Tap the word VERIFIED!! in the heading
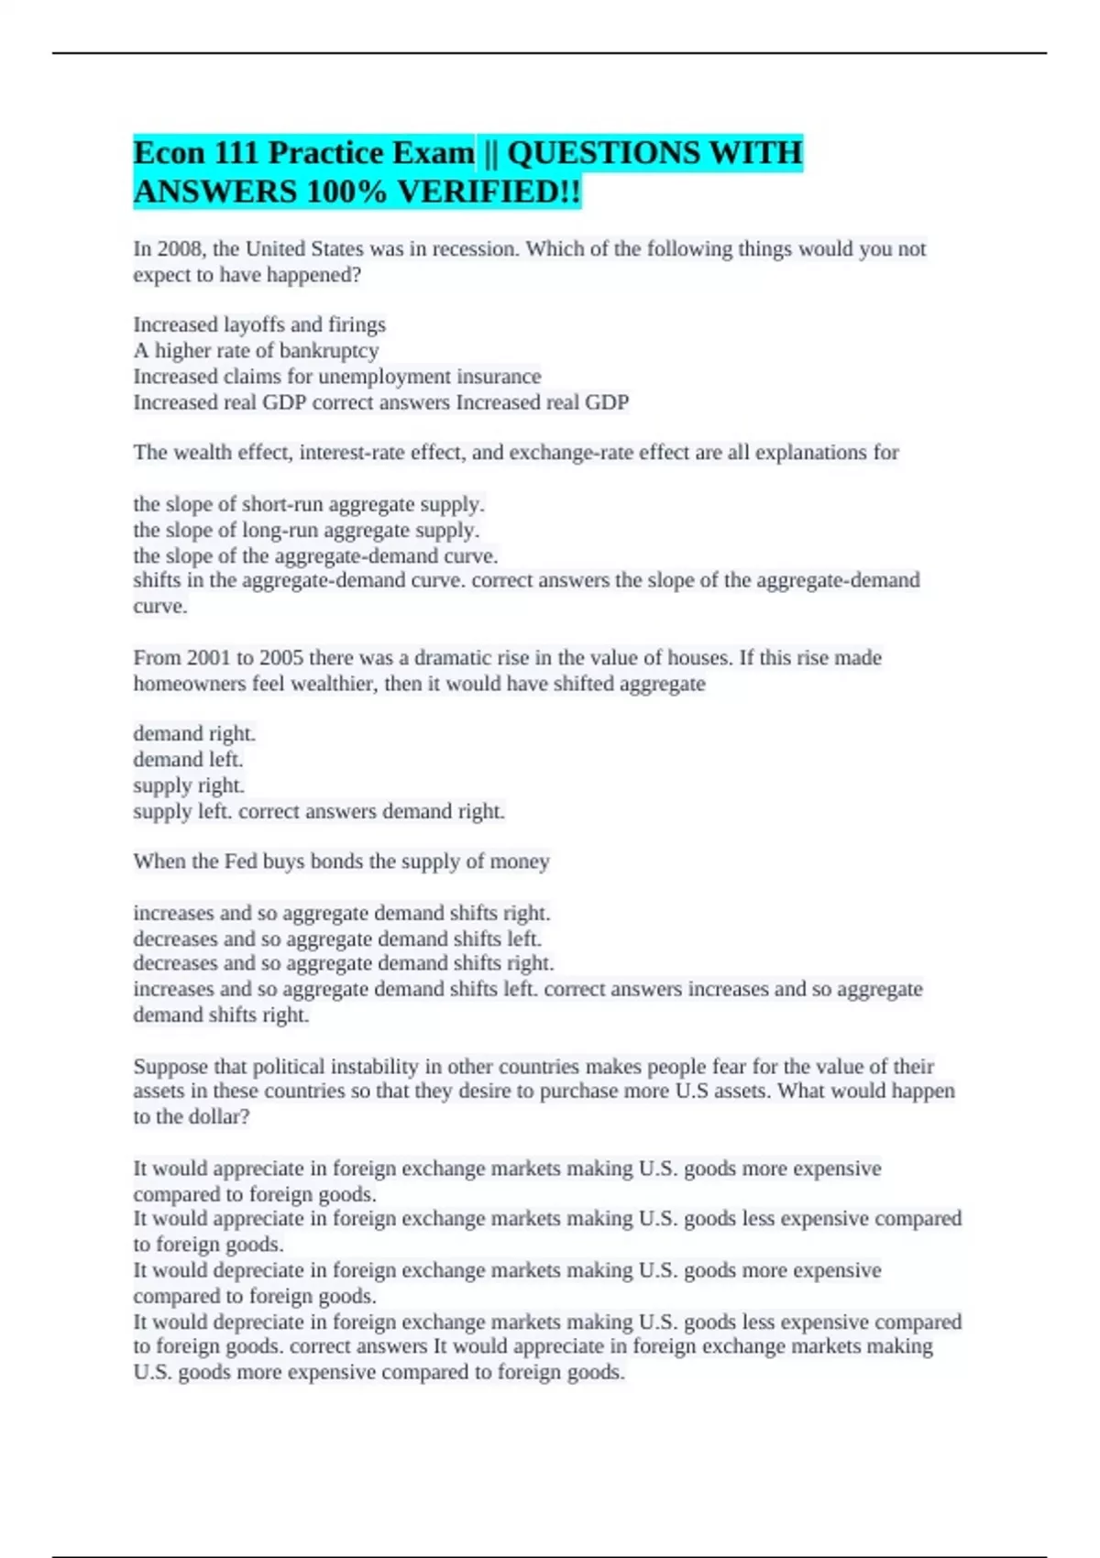pyautogui.click(x=489, y=192)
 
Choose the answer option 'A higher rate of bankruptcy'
pyautogui.click(x=256, y=350)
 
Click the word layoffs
pyautogui.click(x=254, y=324)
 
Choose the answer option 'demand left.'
pyautogui.click(x=188, y=760)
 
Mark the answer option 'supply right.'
pyautogui.click(x=189, y=785)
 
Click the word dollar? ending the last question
pyautogui.click(x=219, y=1117)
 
